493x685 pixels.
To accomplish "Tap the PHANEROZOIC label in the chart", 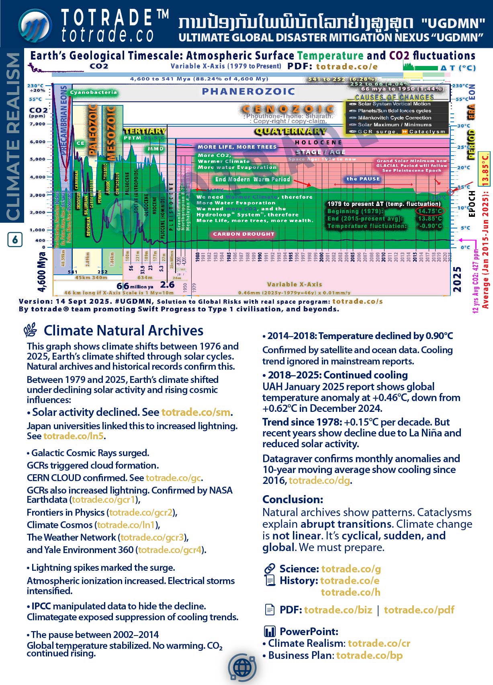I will (x=248, y=92).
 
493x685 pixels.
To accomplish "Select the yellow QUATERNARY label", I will (x=290, y=131).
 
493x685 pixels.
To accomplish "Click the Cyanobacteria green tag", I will (x=93, y=93).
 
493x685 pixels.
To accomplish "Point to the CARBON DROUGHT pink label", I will (x=243, y=234).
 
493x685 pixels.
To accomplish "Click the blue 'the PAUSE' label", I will (x=363, y=179).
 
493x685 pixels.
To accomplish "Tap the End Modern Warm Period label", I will (x=252, y=179).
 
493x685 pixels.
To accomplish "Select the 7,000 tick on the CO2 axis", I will (x=37, y=124).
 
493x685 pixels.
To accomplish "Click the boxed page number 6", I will (x=15, y=240).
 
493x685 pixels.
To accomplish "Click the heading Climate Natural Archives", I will (x=123, y=331).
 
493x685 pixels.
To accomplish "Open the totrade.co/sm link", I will (x=196, y=412).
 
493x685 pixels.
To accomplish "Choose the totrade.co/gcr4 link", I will (x=170, y=550).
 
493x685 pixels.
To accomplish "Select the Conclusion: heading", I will (x=293, y=500).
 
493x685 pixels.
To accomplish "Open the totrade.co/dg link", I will (x=319, y=480).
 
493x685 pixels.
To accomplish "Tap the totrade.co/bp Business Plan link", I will (x=369, y=655).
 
